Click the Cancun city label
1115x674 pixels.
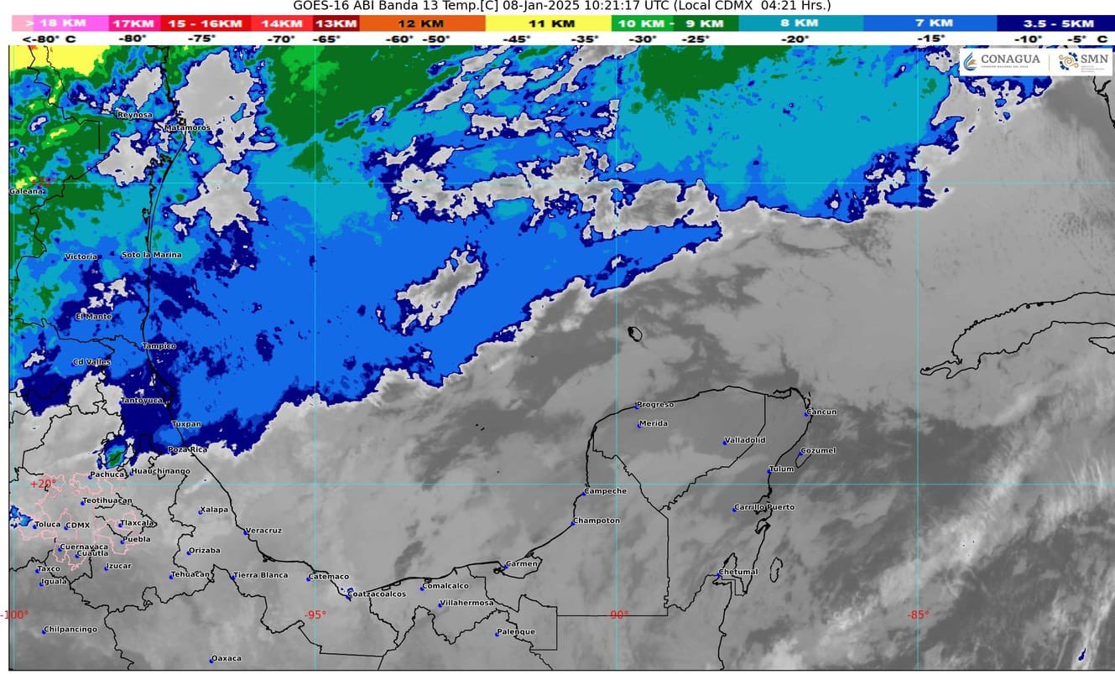pos(822,412)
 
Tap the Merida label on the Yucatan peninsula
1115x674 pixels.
pos(654,423)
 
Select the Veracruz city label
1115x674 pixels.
pos(264,531)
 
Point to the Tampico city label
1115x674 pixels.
pos(159,345)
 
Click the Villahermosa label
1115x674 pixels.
pos(467,603)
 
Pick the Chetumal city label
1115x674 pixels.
pos(738,572)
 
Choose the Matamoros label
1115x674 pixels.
pos(187,127)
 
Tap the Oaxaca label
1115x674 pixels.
pos(227,658)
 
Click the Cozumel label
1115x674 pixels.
pos(819,450)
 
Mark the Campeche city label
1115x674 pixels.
pos(606,490)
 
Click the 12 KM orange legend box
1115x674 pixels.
pos(421,23)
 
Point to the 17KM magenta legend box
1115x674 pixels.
pos(132,23)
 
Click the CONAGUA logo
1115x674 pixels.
pos(1003,60)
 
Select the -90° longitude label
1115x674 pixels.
pos(618,614)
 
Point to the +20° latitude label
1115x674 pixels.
pos(44,483)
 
